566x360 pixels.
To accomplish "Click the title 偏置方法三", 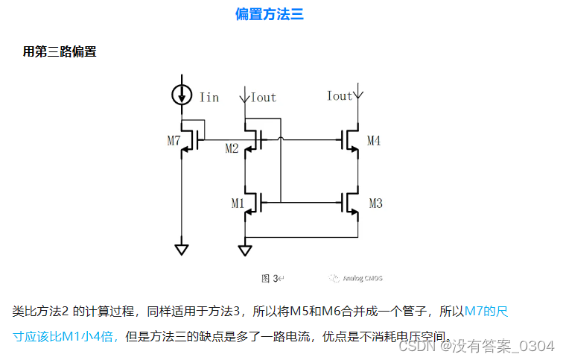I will [269, 14].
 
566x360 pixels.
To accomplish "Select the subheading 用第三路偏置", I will [60, 52].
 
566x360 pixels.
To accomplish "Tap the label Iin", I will [209, 98].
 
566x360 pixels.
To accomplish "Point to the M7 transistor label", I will [173, 142].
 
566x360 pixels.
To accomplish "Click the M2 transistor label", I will [232, 149].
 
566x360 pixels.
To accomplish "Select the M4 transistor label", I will [373, 142].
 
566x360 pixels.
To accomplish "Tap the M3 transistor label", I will [375, 204].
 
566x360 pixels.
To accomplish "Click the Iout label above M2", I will [264, 98].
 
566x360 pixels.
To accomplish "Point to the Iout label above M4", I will [340, 96].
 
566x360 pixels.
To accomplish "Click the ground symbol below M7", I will [181, 249].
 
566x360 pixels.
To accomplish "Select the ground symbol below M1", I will [245, 249].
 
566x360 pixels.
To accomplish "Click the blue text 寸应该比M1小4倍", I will [67, 337].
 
